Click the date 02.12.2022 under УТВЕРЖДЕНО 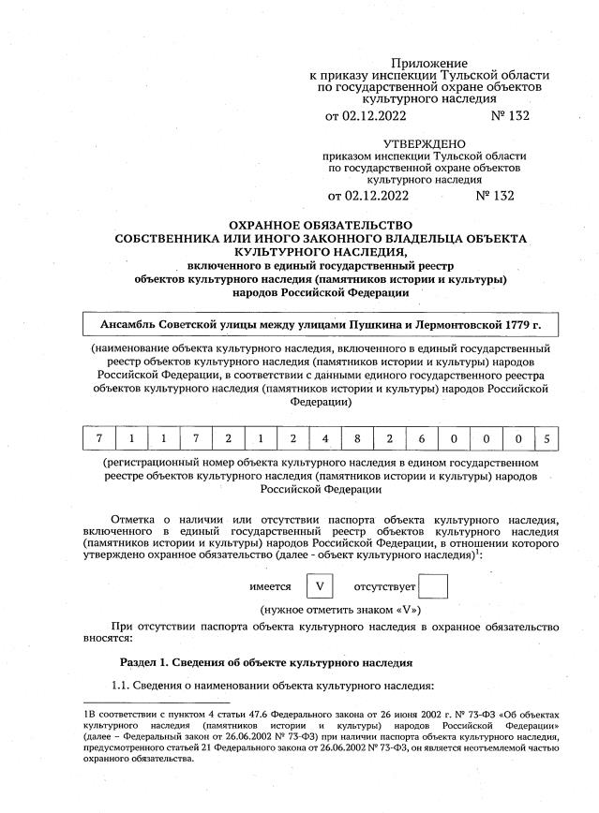click(376, 196)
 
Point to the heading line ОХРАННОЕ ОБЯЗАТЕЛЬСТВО click(321, 226)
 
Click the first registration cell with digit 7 click(97, 437)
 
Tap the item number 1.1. click(124, 687)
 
